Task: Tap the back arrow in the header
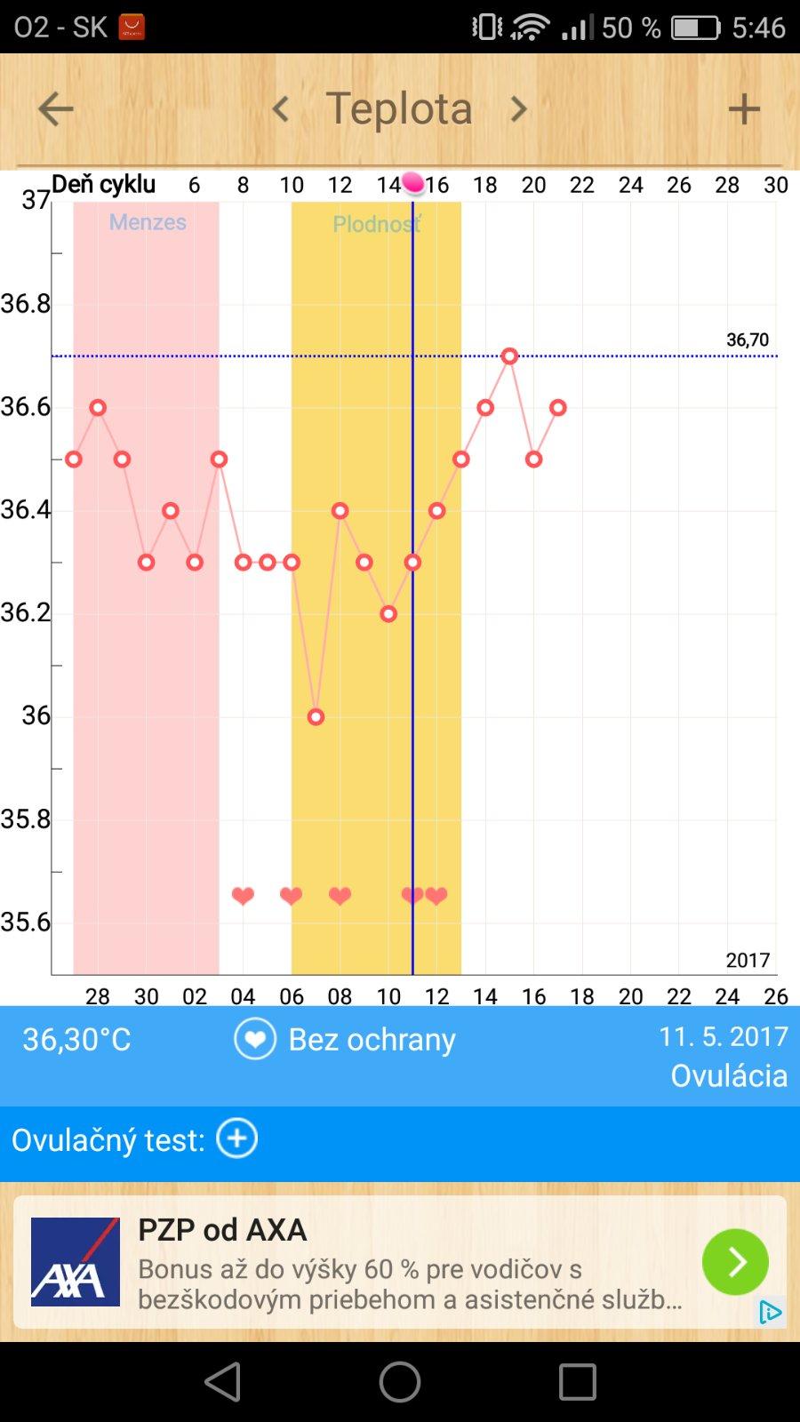[55, 109]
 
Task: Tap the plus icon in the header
[744, 109]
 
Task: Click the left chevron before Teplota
[281, 109]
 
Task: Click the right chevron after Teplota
[518, 109]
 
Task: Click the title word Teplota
[399, 108]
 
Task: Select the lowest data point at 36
[316, 716]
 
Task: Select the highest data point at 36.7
[509, 355]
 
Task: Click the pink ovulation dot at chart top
[413, 183]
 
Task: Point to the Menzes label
[148, 222]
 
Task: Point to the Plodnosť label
[377, 224]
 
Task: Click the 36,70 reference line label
[747, 340]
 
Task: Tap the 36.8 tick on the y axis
[26, 304]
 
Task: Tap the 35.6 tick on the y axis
[26, 923]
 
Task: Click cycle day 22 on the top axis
[581, 185]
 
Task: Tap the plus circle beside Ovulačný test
[237, 1138]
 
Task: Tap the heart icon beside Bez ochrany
[255, 1039]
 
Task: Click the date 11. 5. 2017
[723, 1036]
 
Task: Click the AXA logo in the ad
[76, 1262]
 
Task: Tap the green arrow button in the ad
[735, 1262]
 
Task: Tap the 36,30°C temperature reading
[77, 1039]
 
